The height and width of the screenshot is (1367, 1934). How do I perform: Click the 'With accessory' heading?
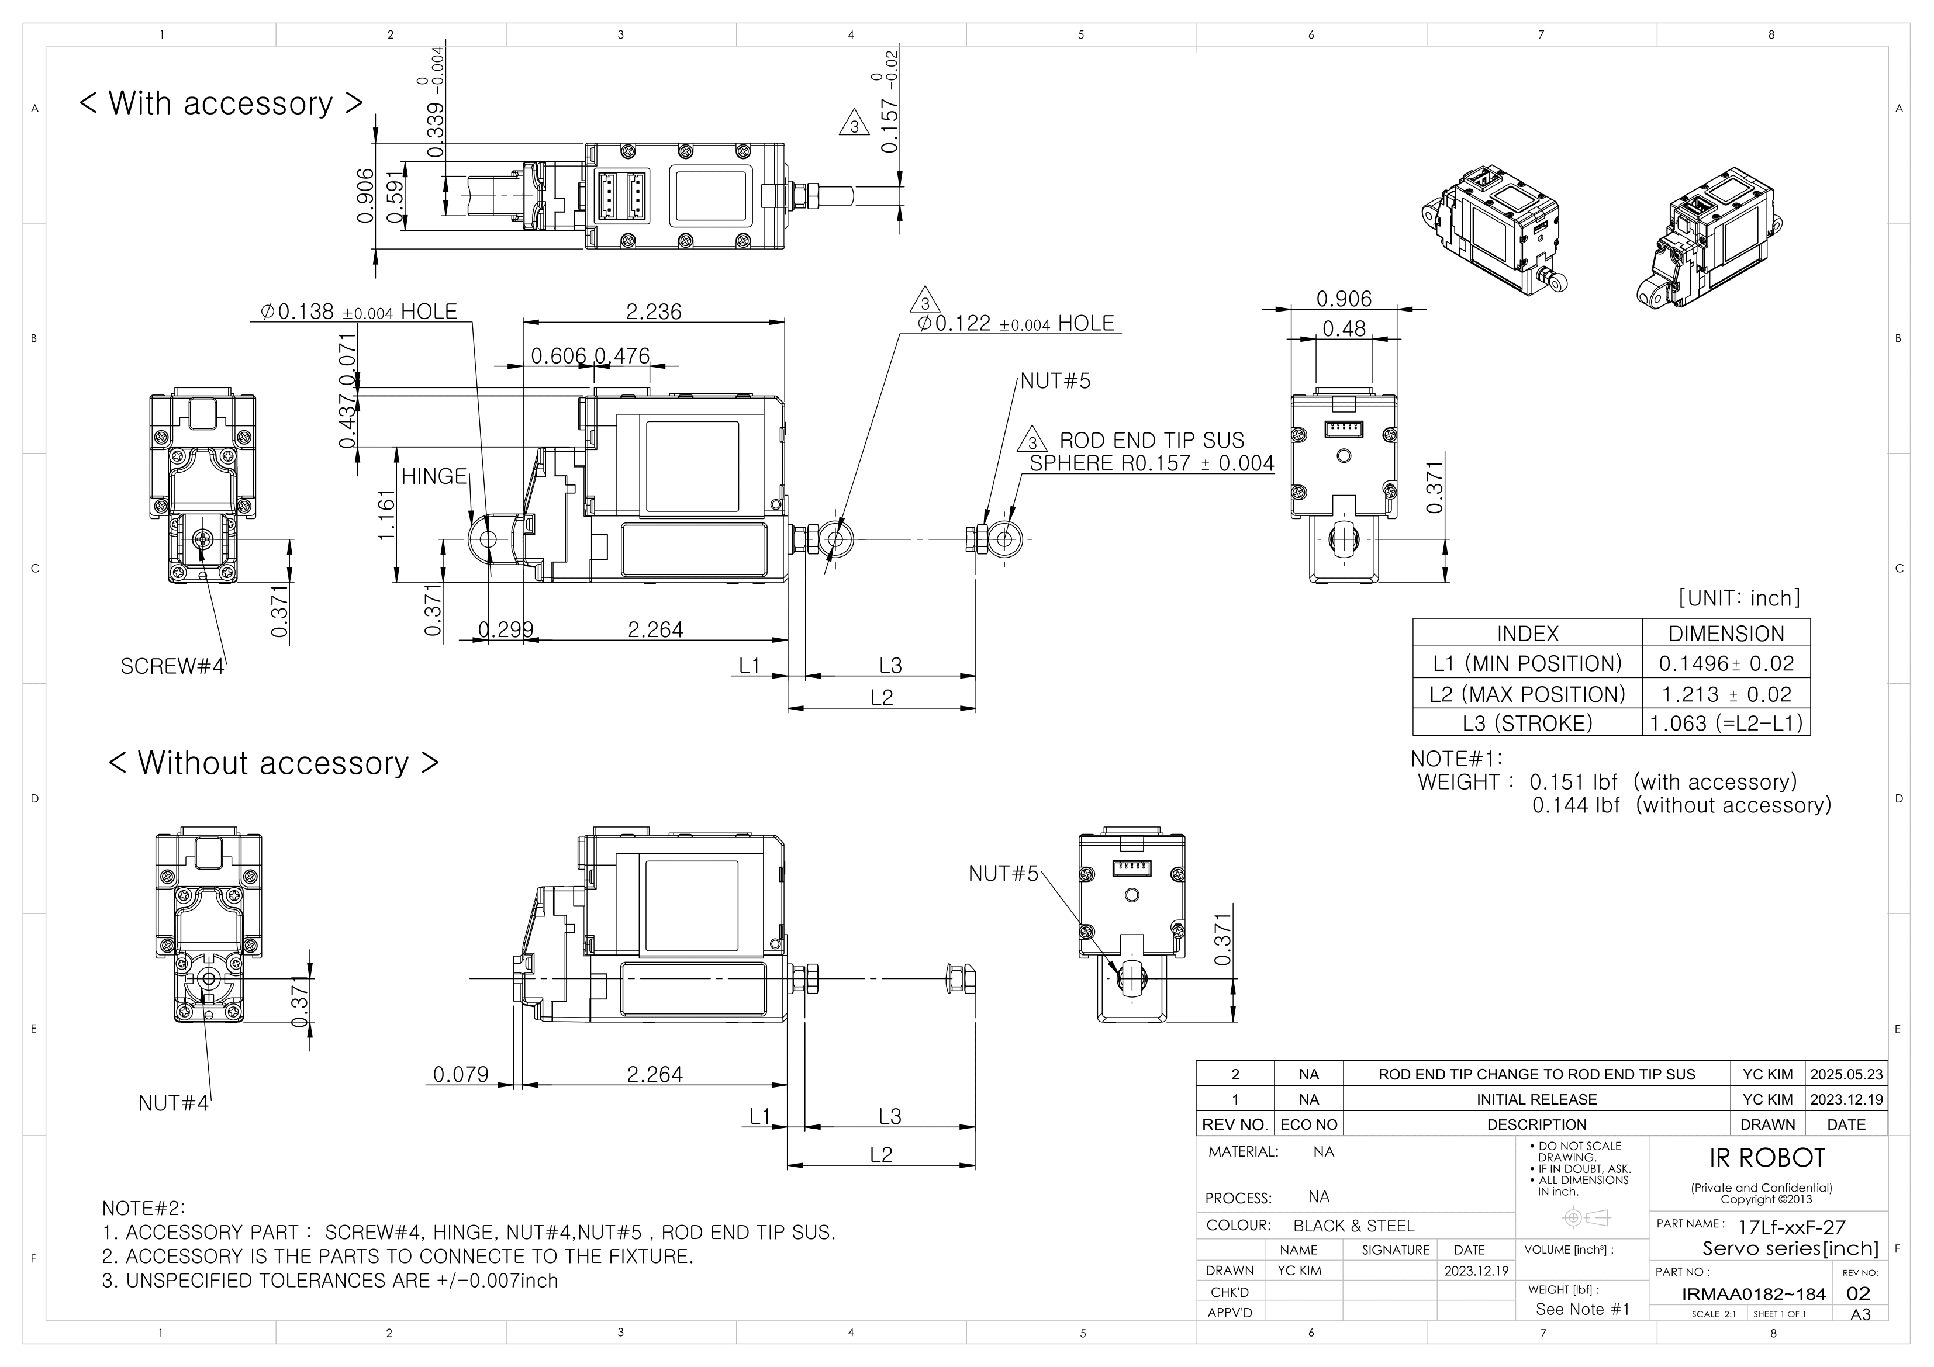(x=220, y=103)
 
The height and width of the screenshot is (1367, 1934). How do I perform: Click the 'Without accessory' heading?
(x=274, y=763)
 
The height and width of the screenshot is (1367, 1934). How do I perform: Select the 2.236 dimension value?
(x=654, y=312)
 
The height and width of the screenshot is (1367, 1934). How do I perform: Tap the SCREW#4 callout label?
(x=172, y=666)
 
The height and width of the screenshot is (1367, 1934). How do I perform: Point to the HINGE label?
(x=434, y=477)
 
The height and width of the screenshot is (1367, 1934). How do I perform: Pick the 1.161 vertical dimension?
(x=386, y=515)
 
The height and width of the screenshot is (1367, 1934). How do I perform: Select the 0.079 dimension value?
(x=461, y=1075)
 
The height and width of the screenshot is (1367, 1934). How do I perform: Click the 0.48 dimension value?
(x=1344, y=329)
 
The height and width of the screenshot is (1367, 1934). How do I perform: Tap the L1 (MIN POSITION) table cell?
(x=1527, y=664)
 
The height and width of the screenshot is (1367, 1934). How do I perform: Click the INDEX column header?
(x=1527, y=634)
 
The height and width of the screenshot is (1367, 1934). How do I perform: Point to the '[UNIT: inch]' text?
(x=1739, y=598)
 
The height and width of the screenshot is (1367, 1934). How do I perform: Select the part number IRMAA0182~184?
(x=1754, y=1294)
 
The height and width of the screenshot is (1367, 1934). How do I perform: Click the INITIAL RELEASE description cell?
(x=1536, y=1099)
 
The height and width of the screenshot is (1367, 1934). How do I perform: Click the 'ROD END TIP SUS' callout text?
(x=1152, y=441)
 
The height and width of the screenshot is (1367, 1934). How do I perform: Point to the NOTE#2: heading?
(x=143, y=1209)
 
